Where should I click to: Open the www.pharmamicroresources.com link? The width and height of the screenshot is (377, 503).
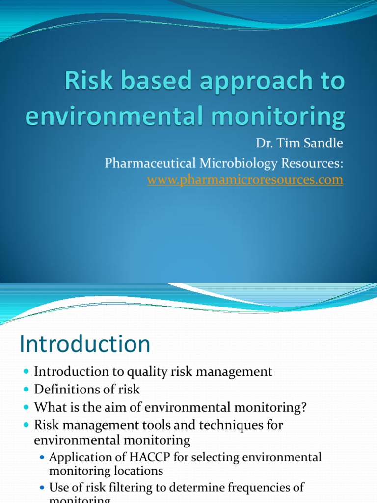point(245,180)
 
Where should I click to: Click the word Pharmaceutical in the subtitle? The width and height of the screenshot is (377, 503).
point(157,163)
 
